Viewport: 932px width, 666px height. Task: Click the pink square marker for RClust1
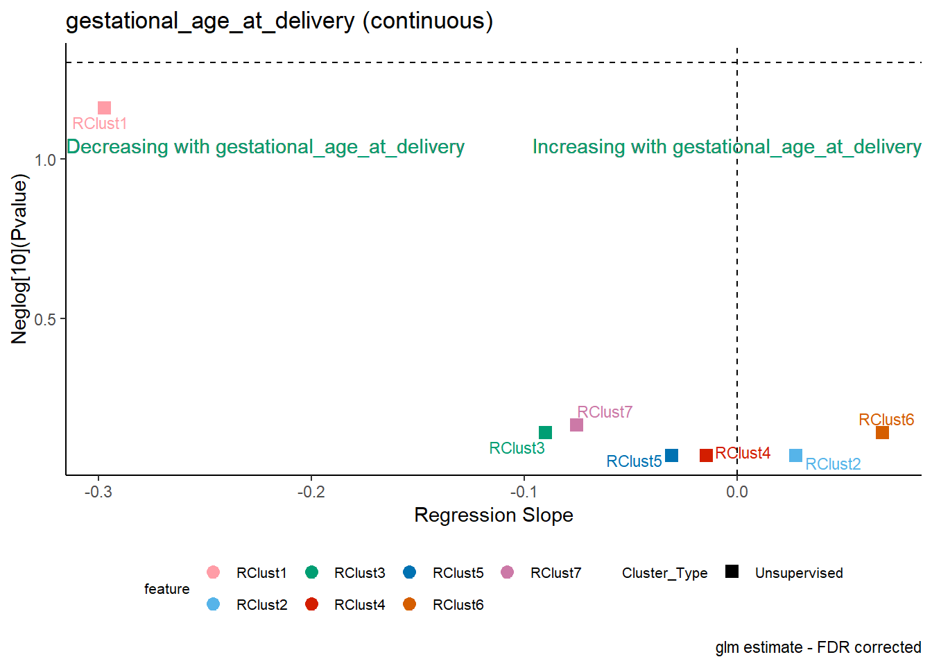(x=105, y=108)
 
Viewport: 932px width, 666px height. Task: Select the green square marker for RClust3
(x=545, y=432)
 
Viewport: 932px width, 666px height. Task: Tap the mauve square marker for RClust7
(x=576, y=425)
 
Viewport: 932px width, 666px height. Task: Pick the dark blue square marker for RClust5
(x=671, y=455)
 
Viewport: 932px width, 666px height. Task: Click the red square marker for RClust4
(x=706, y=455)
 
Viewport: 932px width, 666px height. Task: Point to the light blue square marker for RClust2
(x=795, y=455)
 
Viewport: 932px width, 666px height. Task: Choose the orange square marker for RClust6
(x=882, y=432)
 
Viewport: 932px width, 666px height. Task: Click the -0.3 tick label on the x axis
(x=98, y=492)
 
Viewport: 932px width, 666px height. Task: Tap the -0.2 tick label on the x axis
(x=311, y=492)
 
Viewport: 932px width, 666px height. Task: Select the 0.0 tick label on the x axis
(x=737, y=492)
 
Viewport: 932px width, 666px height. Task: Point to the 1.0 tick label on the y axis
(x=45, y=160)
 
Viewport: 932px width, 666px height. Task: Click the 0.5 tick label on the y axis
(x=45, y=319)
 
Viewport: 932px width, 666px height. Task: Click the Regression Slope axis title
(x=494, y=515)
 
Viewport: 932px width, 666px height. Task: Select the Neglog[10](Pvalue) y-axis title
(x=19, y=259)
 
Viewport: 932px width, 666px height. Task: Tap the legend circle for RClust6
(x=409, y=604)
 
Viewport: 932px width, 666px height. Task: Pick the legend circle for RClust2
(x=213, y=604)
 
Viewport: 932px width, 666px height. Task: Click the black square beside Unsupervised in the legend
(x=732, y=572)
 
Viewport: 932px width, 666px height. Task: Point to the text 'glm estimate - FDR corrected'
(x=818, y=648)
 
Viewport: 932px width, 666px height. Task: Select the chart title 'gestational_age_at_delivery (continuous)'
(x=279, y=22)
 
